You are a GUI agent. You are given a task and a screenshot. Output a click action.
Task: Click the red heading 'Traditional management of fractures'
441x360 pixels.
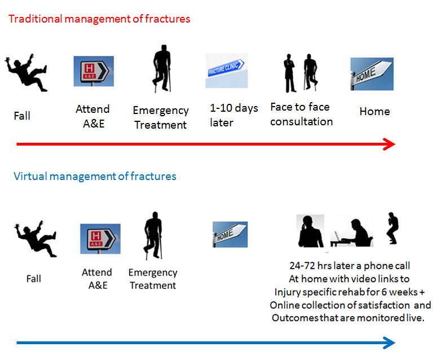point(99,19)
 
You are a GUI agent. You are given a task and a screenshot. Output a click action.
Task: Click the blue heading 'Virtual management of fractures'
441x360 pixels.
point(95,177)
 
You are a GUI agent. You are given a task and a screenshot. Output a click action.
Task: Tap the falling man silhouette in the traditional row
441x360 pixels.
point(27,73)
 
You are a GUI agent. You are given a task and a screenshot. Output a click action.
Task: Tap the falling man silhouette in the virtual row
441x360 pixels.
point(36,239)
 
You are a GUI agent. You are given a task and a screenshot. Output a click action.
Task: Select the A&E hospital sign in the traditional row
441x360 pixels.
point(94,71)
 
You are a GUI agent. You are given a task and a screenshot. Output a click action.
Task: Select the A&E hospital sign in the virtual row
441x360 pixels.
point(100,239)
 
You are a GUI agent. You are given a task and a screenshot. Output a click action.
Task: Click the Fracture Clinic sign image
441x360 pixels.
point(227,71)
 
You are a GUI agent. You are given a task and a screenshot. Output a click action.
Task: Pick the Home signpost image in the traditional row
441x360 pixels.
point(372,74)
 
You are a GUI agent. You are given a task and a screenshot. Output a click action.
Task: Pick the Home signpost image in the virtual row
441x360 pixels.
point(230,235)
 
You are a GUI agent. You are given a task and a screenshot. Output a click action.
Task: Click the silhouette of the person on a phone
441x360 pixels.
point(310,231)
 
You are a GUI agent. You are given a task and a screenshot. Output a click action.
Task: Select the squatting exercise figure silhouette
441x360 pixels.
point(393,228)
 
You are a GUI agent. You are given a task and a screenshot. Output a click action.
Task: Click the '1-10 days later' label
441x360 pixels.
point(233,116)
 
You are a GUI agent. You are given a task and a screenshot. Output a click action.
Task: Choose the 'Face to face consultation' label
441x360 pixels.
point(301,115)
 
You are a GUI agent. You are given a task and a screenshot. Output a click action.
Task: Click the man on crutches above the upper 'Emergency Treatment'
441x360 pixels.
point(162,68)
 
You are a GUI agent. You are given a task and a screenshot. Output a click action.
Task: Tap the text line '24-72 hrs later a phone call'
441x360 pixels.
point(350,265)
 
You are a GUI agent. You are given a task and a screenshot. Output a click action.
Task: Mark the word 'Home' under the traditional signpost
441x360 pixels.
point(374,112)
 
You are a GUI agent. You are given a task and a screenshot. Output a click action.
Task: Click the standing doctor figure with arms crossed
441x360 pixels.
point(289,73)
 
